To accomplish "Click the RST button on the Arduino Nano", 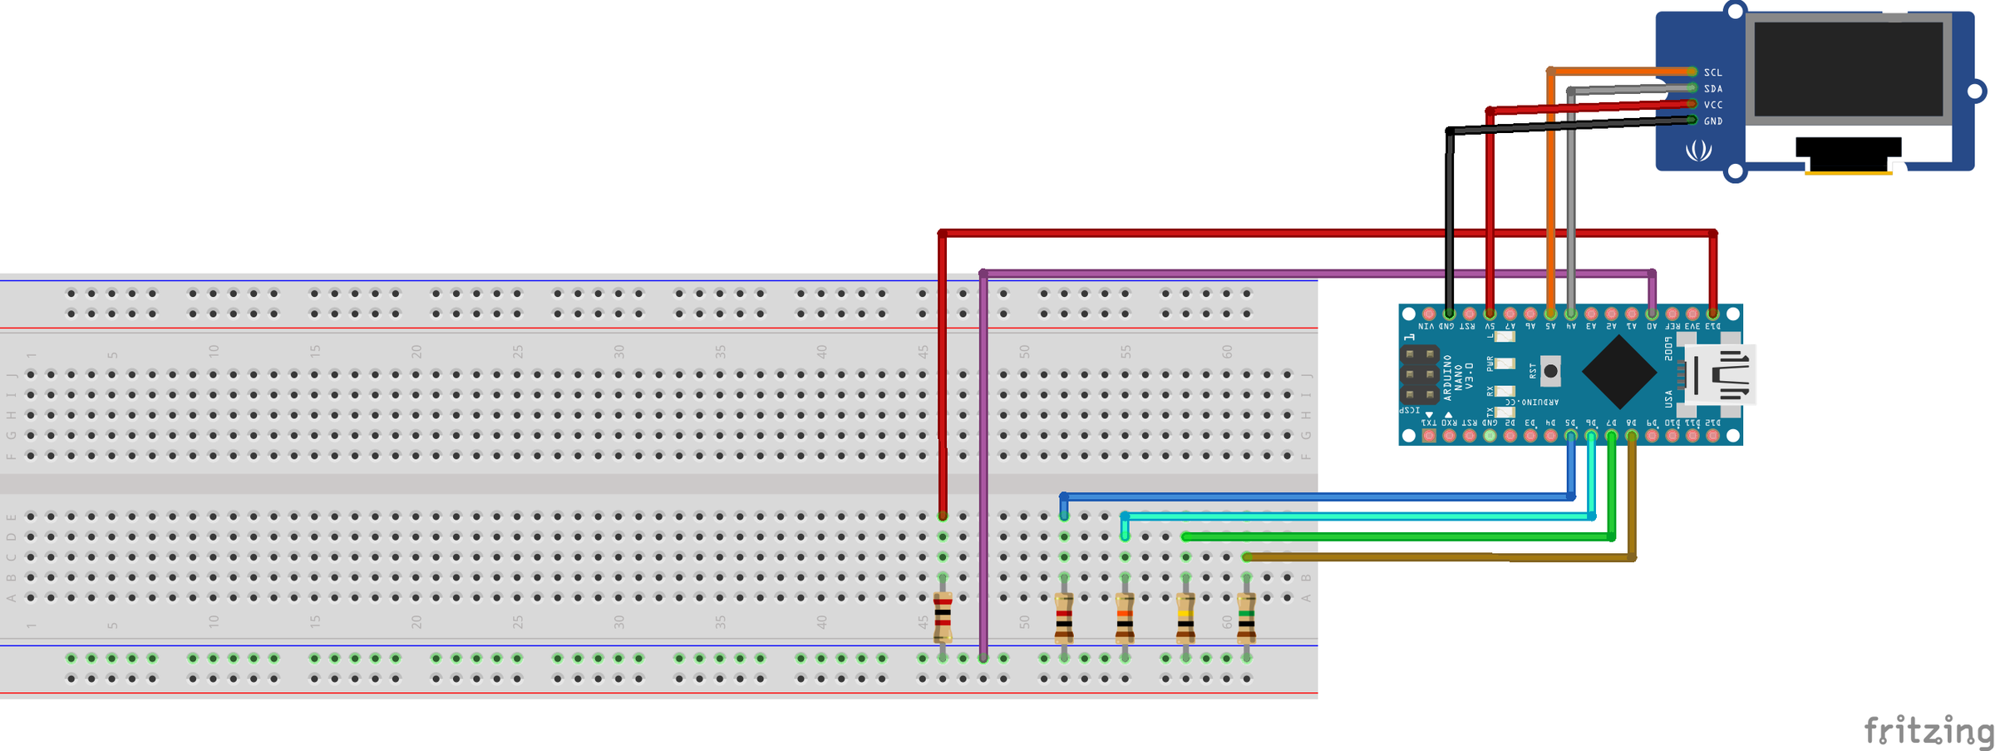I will click(x=1549, y=371).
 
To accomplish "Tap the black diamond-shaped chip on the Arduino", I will click(x=1618, y=372).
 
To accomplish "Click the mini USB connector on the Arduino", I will click(x=1719, y=374).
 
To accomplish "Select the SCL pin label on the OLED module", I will click(x=1712, y=72).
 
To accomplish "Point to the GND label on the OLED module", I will click(x=1712, y=121).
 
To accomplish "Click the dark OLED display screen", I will click(x=1848, y=69).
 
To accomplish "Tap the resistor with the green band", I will click(x=1246, y=619).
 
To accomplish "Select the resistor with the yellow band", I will click(x=1185, y=619).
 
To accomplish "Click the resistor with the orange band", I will click(x=1125, y=619).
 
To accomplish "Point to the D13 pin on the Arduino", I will click(x=1712, y=314).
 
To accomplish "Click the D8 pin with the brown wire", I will click(x=1631, y=435).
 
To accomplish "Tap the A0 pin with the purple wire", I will click(x=1651, y=314).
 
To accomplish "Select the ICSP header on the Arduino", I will click(x=1419, y=374).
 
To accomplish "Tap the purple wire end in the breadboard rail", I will click(x=983, y=658).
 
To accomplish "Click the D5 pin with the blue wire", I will click(x=1570, y=435).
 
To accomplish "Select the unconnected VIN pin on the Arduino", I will click(x=1428, y=314).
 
